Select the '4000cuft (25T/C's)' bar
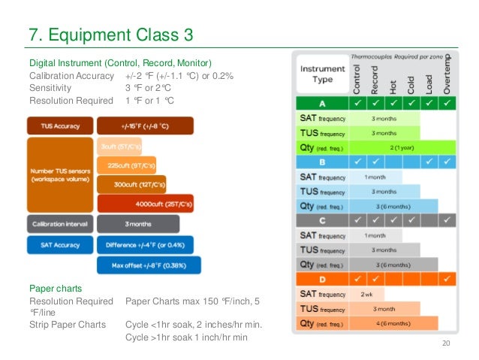coord(146,203)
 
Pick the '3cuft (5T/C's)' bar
coord(120,146)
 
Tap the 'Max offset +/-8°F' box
coord(149,265)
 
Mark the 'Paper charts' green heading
coord(50,287)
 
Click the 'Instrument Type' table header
coord(322,74)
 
